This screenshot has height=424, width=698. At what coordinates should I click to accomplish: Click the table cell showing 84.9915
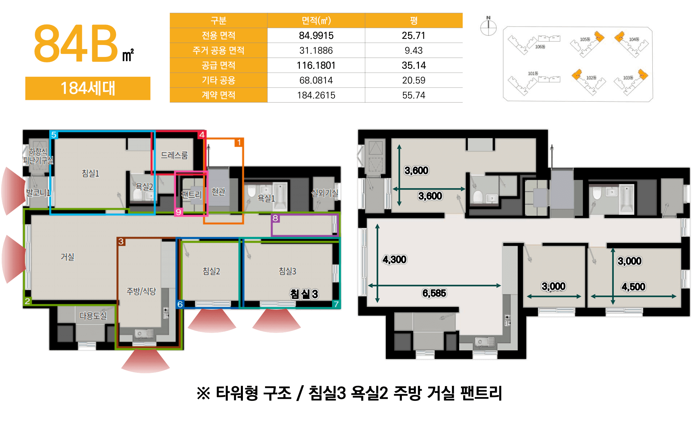pos(316,35)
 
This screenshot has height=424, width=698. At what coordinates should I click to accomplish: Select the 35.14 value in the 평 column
pos(413,65)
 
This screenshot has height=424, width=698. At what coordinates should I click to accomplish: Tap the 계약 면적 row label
pos(218,95)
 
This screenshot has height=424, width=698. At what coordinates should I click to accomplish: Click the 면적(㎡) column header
pos(316,20)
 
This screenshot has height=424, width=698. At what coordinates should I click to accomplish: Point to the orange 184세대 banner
pos(88,88)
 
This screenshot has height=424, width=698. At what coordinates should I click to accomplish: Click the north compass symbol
pos(488,27)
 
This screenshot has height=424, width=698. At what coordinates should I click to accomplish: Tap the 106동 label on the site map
pos(540,47)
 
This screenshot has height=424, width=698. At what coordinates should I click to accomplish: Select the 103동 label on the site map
pos(628,78)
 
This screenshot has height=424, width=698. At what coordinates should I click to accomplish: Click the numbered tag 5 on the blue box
pos(54,135)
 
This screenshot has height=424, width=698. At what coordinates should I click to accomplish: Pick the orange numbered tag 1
pos(239,142)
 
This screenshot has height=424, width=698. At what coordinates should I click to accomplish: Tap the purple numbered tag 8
pos(275,218)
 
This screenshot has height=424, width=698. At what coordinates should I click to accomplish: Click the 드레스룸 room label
pos(174,155)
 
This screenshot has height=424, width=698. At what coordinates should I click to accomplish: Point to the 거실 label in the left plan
pos(67,257)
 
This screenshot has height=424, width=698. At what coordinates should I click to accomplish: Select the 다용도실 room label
pos(93,316)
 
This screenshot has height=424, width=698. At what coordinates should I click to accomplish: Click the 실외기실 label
pos(324,193)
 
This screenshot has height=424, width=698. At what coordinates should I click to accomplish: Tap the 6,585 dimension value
pos(434,293)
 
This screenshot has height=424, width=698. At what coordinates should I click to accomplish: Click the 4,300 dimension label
pos(394,260)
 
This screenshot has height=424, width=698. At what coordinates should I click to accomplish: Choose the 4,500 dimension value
pos(633,287)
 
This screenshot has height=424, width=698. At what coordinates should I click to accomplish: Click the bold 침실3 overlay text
pos(304,294)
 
